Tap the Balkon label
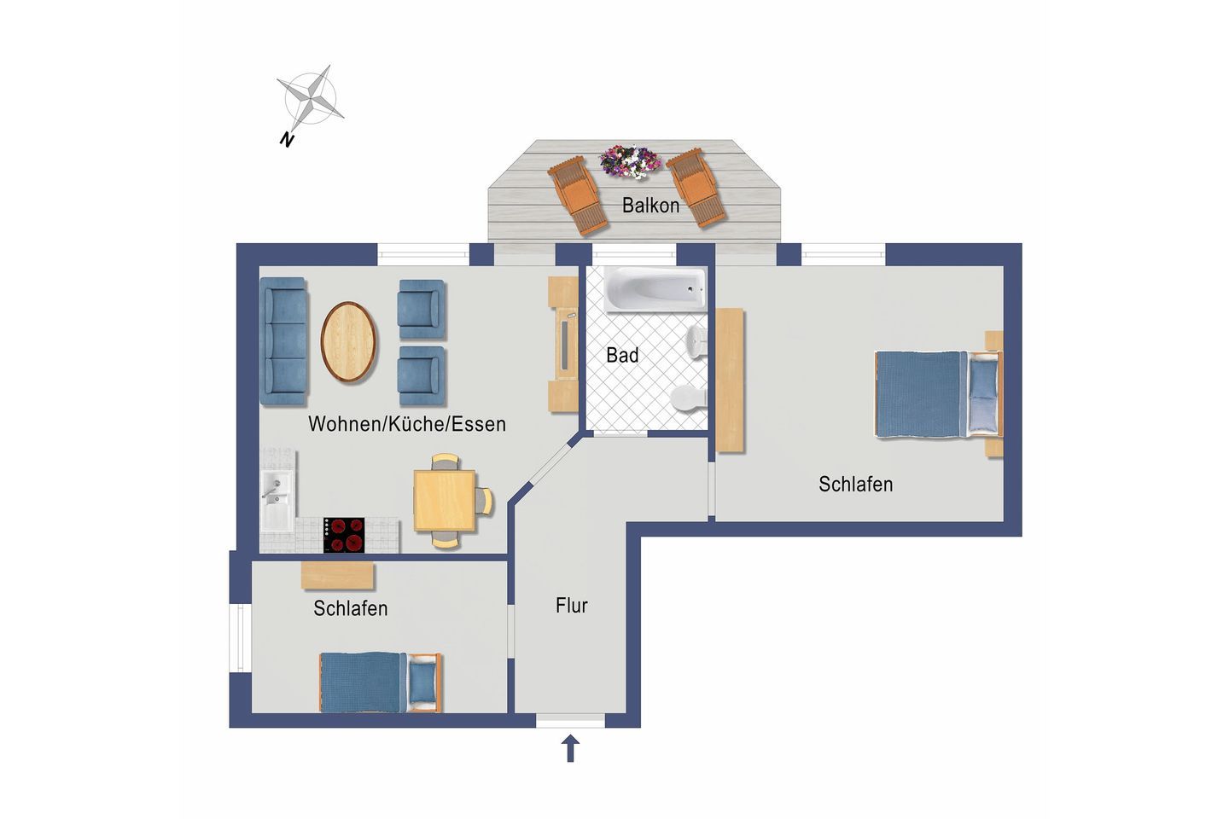tap(650, 205)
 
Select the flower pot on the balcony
tap(629, 161)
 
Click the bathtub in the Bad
tap(655, 289)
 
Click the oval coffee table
tap(349, 342)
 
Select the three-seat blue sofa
tap(283, 341)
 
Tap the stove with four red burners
tap(344, 535)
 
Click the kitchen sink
tap(278, 495)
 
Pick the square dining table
tap(445, 501)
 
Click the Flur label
tap(571, 606)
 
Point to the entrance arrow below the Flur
tap(571, 748)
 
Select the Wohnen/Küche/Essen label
tap(407, 424)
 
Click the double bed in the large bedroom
tap(938, 394)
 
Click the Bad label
tap(622, 356)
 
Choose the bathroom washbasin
tap(696, 342)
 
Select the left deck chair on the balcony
tap(578, 195)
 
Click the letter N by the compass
tap(287, 140)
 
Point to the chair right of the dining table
tap(484, 501)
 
